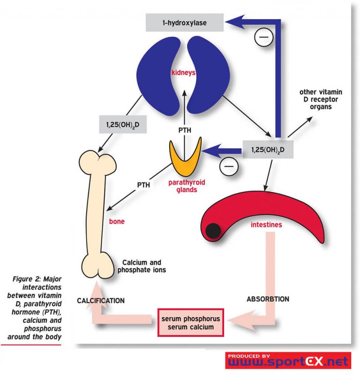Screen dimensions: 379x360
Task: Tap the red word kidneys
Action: click(183, 74)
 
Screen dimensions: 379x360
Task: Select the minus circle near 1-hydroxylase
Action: click(262, 37)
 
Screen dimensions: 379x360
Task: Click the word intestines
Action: click(266, 224)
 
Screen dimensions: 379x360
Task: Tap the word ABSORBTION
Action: click(268, 298)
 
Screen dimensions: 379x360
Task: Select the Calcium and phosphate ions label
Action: click(143, 266)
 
